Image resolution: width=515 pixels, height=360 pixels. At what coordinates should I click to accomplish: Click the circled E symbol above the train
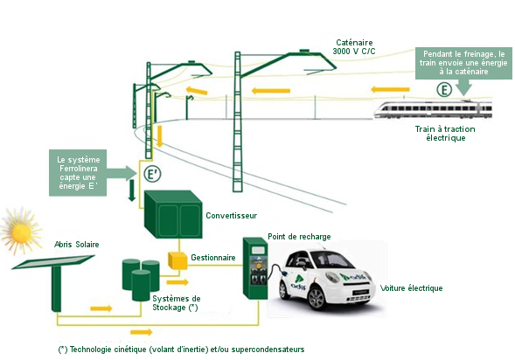(x=444, y=90)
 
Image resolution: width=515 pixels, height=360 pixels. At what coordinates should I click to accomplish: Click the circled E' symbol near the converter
(x=152, y=174)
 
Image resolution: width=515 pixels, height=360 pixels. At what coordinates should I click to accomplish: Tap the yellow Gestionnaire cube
(x=177, y=260)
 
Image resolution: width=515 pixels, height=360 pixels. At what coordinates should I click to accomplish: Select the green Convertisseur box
(x=173, y=214)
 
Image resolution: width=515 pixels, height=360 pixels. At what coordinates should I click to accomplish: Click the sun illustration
(x=21, y=231)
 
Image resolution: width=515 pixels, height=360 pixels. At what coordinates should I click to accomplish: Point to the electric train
(x=433, y=109)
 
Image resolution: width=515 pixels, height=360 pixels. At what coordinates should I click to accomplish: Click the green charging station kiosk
(x=255, y=268)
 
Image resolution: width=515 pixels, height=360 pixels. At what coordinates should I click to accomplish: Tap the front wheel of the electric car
(x=317, y=298)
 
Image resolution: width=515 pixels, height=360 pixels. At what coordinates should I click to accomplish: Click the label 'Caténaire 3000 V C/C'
(x=354, y=47)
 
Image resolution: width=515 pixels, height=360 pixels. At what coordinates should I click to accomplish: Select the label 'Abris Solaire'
(x=77, y=245)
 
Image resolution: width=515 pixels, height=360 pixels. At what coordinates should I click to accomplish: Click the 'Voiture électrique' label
(x=411, y=288)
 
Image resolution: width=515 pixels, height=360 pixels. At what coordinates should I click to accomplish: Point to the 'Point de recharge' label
(x=299, y=237)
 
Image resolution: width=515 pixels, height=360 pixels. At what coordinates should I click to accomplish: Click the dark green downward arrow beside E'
(x=132, y=190)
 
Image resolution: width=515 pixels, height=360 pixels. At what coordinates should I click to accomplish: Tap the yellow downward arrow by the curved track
(x=160, y=135)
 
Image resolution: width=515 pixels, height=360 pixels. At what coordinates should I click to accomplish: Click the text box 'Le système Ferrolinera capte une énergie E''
(x=78, y=173)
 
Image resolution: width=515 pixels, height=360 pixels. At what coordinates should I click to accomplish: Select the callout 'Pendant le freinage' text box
(x=463, y=63)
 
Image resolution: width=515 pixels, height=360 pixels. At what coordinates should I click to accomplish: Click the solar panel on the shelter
(x=53, y=262)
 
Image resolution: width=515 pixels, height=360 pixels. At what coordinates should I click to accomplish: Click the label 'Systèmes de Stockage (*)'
(x=177, y=303)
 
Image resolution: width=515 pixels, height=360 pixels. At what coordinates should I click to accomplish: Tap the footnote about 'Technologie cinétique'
(x=181, y=350)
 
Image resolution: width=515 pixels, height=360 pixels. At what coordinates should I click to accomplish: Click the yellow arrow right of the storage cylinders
(x=177, y=282)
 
